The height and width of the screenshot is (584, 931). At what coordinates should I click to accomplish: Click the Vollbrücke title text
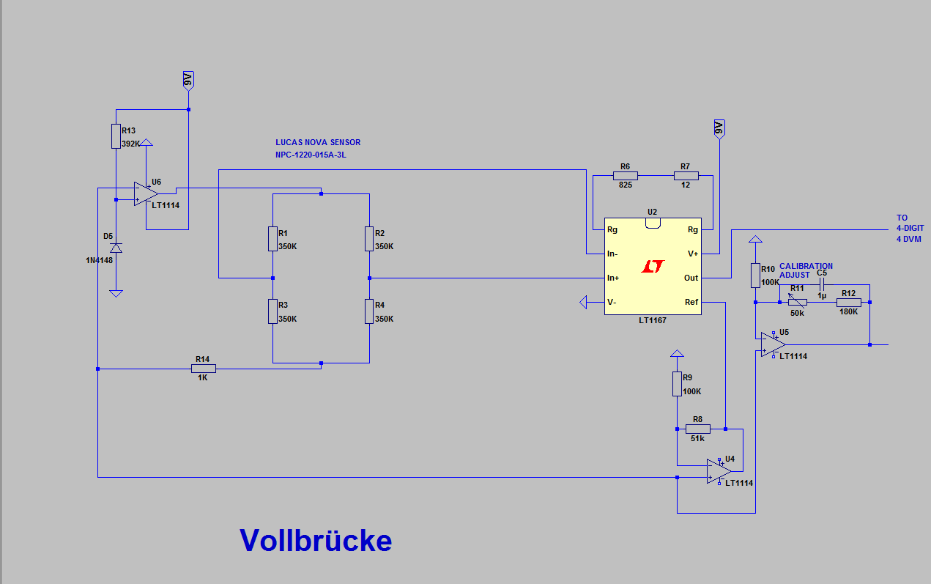click(x=316, y=541)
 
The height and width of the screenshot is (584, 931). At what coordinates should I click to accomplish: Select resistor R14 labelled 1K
click(x=203, y=369)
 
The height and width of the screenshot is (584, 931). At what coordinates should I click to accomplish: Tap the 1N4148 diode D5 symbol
click(x=116, y=249)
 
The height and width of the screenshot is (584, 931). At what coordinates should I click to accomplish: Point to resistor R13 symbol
click(x=116, y=136)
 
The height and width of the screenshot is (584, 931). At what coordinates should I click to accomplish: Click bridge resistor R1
click(x=272, y=239)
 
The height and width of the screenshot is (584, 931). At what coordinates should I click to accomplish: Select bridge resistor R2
click(x=369, y=239)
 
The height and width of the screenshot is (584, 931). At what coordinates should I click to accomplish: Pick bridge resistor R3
click(x=272, y=311)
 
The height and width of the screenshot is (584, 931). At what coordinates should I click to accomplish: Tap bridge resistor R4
click(x=369, y=311)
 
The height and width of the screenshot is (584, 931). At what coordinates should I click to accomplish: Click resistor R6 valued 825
click(x=625, y=176)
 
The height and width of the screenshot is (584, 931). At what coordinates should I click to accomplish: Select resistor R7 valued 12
click(x=686, y=176)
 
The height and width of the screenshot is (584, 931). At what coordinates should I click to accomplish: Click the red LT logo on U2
click(x=652, y=267)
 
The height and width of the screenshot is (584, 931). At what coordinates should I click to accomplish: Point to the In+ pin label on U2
click(x=614, y=278)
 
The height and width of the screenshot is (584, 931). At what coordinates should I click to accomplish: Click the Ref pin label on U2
click(x=691, y=302)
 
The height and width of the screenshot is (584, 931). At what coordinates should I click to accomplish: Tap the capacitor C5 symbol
click(x=821, y=285)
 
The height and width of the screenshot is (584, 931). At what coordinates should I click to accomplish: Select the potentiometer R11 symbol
click(x=797, y=302)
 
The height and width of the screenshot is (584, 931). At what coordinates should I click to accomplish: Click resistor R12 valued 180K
click(x=849, y=302)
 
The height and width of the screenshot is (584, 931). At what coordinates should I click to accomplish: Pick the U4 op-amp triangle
click(x=719, y=471)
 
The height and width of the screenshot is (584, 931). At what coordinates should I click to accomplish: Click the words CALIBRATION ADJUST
click(x=806, y=270)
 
